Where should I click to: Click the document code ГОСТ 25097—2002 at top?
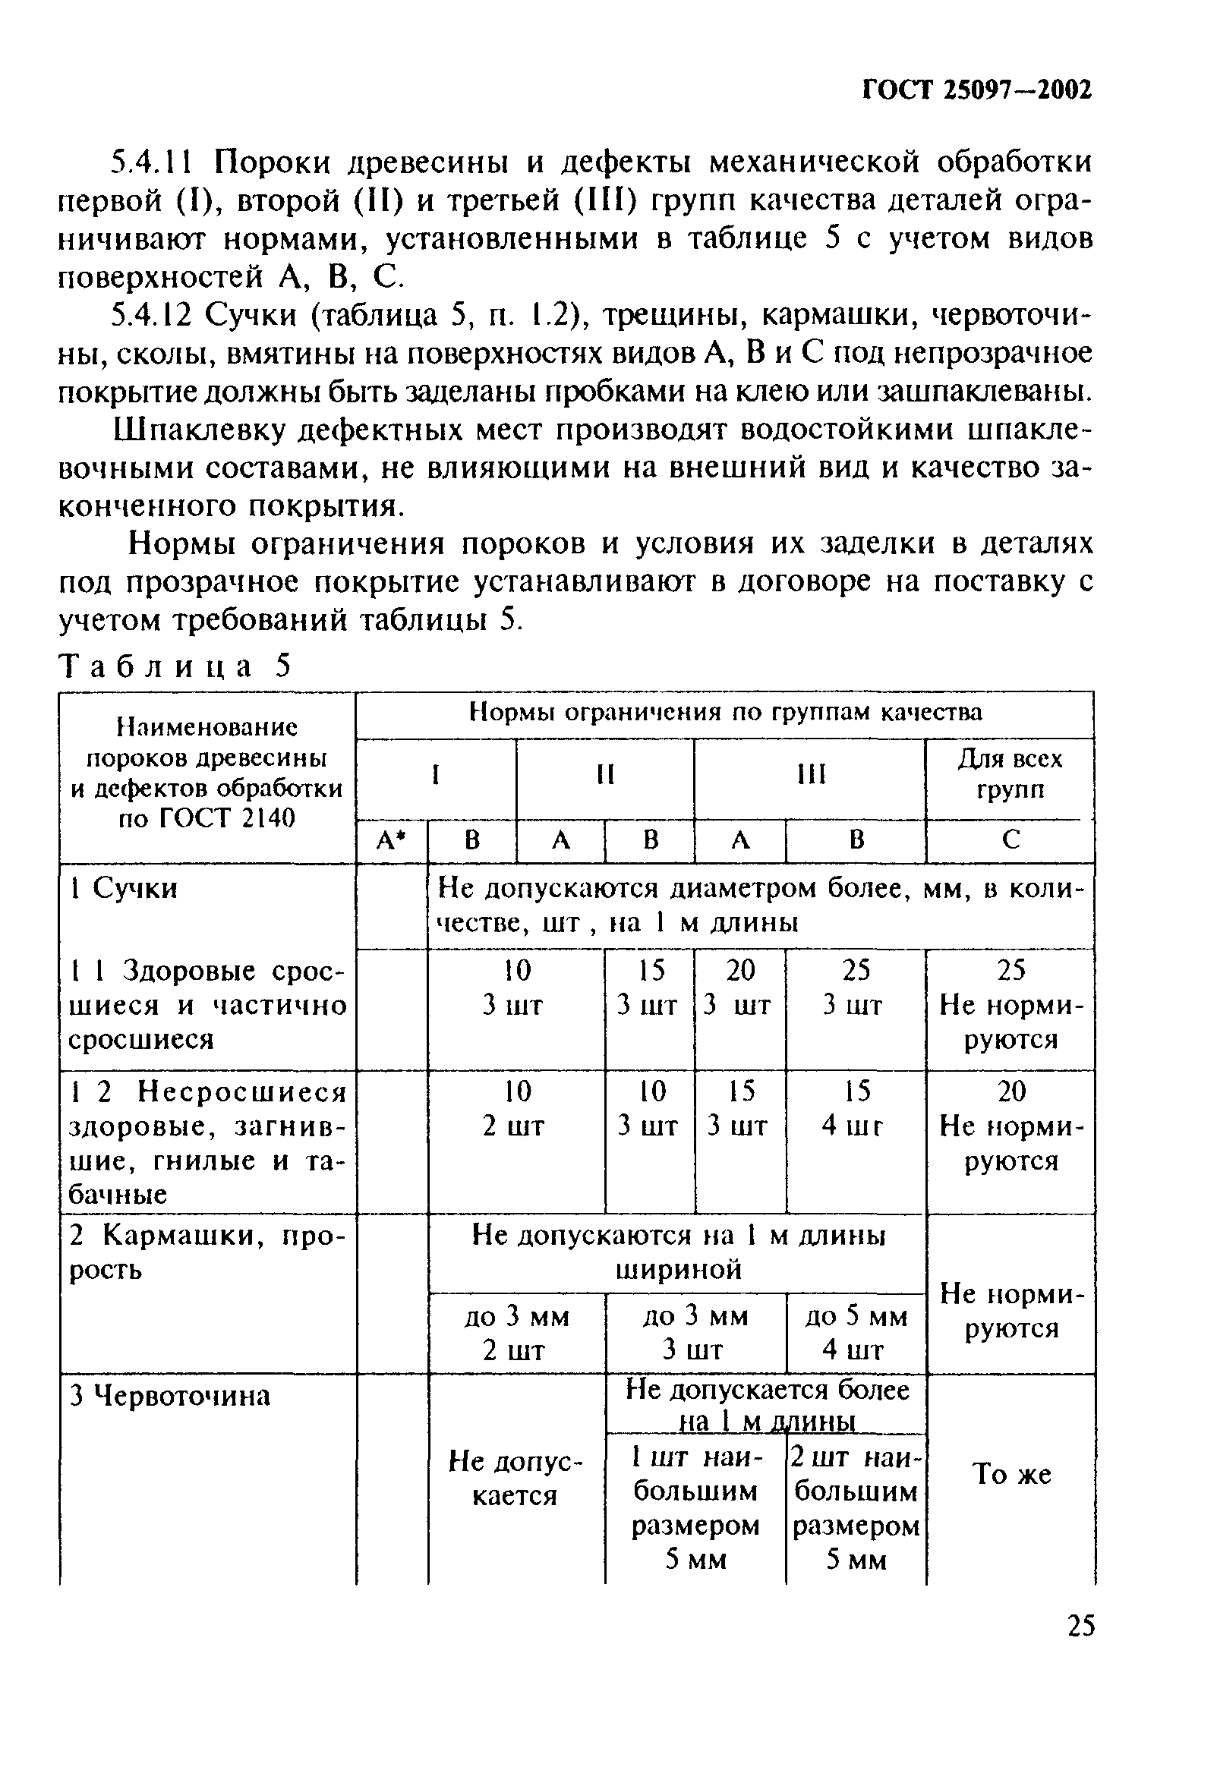pos(976,91)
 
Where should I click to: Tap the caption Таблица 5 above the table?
pos(175,666)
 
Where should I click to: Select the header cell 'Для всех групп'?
pos(1009,773)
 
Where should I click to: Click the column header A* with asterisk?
pos(391,839)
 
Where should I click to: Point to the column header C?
pos(1010,839)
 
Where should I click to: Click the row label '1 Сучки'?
pos(124,888)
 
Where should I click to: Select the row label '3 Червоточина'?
pos(170,1396)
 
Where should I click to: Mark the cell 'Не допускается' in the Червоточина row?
pos(515,1479)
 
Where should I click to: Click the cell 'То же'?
pos(1011,1473)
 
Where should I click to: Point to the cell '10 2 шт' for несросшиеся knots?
pos(515,1108)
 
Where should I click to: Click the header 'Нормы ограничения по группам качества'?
pos(725,712)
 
